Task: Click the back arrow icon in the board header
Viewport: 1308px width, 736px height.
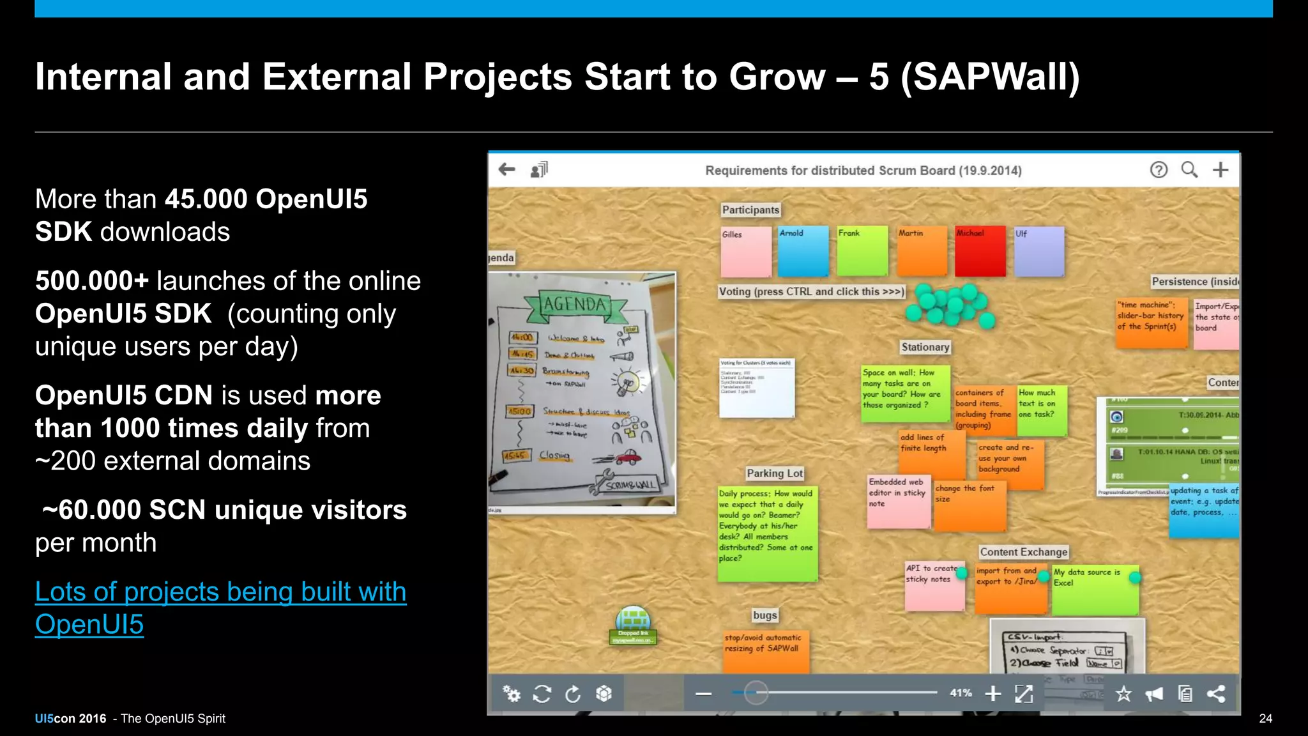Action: [507, 169]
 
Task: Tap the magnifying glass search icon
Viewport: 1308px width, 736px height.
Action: [1189, 169]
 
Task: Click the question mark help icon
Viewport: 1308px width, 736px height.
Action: [1159, 169]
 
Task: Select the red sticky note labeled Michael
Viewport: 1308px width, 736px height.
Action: [980, 251]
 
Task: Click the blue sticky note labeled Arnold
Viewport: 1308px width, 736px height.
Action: [803, 251]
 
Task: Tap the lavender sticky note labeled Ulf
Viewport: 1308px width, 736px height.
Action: [1039, 251]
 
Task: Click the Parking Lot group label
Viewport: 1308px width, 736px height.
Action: [775, 473]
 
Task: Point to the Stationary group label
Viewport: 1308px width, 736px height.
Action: [925, 347]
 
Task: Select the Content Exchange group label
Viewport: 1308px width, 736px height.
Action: [1024, 552]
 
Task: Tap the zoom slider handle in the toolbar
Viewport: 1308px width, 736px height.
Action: [756, 693]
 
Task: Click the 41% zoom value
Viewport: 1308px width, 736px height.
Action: [961, 693]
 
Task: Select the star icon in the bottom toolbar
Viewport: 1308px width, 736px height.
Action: [1123, 694]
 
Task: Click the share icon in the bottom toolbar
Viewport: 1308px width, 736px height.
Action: [1216, 694]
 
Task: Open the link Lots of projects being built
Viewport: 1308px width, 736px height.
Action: [220, 592]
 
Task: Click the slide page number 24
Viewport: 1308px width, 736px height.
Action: [1265, 719]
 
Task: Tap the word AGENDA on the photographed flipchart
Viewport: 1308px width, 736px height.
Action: [575, 305]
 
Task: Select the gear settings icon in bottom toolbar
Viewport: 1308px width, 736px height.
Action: [511, 694]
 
